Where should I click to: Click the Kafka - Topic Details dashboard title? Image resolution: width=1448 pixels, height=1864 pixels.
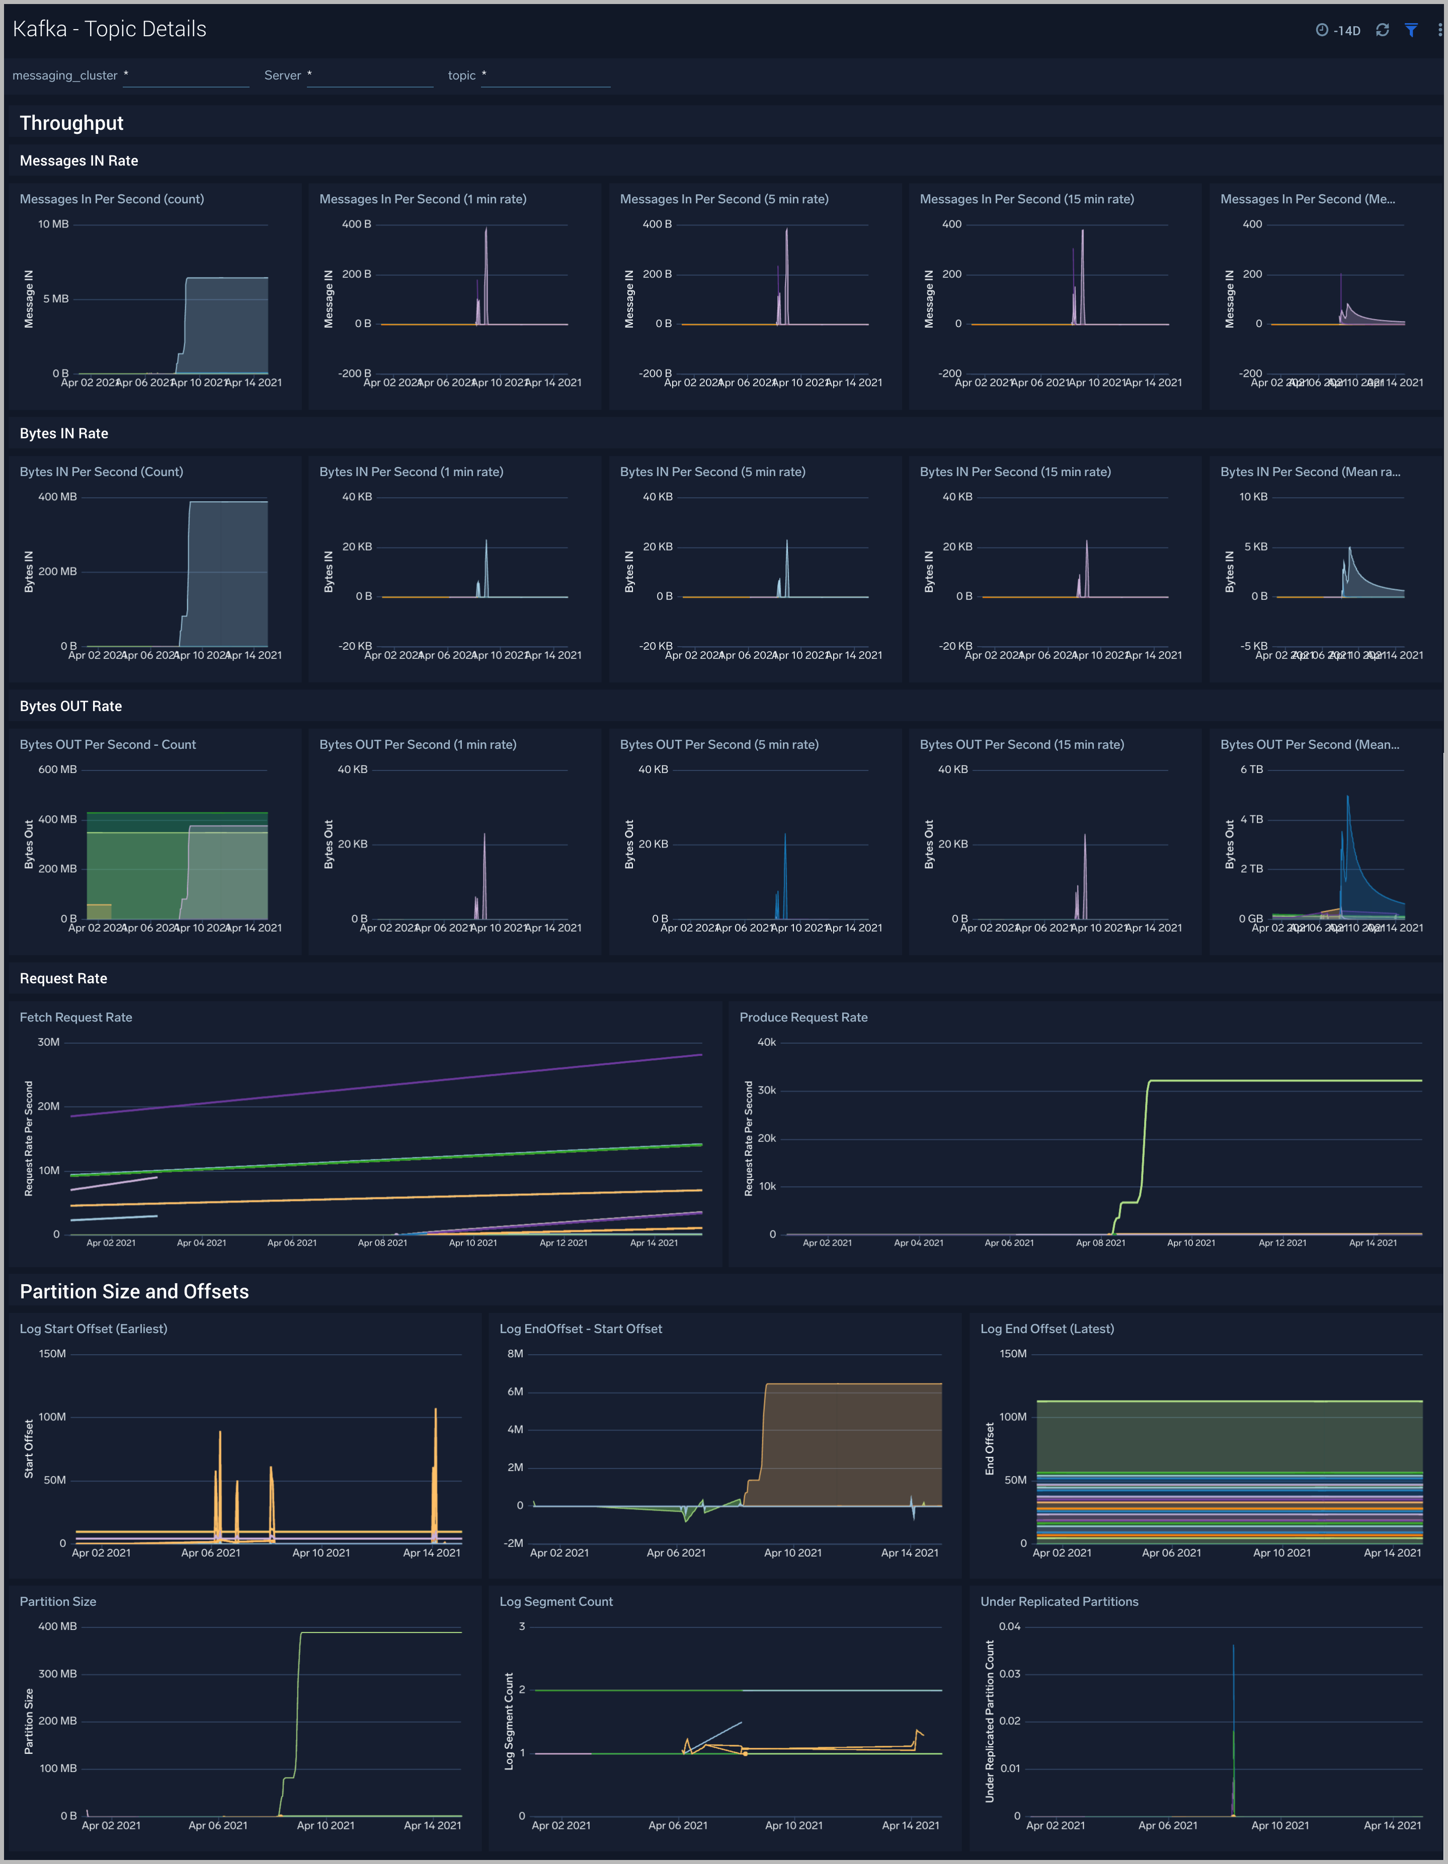pos(109,29)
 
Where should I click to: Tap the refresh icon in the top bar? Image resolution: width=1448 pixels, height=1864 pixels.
pos(1382,30)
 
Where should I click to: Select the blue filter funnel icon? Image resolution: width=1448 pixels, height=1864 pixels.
pos(1411,30)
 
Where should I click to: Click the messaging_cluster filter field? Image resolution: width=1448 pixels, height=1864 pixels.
pos(186,76)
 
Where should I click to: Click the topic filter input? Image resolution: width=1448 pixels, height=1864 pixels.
pos(546,76)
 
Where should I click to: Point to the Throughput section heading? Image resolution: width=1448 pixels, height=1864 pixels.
pos(71,123)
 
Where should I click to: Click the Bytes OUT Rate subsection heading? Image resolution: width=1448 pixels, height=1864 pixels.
pos(71,706)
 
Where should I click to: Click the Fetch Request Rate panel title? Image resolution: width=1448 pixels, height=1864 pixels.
pos(76,1018)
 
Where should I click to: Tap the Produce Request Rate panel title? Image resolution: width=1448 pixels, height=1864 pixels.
pos(803,1018)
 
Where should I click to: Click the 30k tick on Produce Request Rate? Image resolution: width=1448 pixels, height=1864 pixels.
pos(766,1090)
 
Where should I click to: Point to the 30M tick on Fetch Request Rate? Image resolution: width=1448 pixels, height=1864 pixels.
pos(49,1042)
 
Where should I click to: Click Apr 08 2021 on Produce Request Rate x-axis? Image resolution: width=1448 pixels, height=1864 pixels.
pos(1100,1242)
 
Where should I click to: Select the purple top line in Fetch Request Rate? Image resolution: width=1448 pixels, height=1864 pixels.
pos(384,1085)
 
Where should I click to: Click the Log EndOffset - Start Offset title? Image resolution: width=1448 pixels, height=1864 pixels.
pos(580,1329)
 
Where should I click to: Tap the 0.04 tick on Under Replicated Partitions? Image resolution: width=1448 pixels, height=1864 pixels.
pos(1009,1626)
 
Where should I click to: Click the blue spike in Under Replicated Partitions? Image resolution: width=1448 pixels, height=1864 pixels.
pos(1233,1673)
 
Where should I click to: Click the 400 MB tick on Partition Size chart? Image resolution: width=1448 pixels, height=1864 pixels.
pos(57,1626)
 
